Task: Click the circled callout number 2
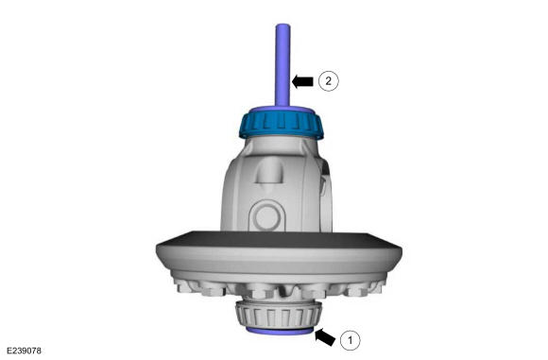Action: (329, 81)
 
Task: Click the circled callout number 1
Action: (350, 340)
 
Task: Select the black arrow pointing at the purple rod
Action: (302, 81)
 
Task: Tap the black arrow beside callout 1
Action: (325, 337)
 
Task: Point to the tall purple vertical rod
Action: (283, 65)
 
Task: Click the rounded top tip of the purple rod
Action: (283, 25)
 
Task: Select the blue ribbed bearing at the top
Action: (282, 123)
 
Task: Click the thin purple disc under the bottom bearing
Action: (280, 331)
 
